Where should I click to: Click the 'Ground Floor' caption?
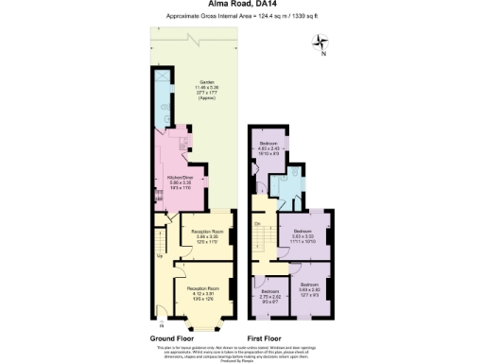174,337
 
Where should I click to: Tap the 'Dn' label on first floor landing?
256,223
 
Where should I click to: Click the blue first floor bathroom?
286,188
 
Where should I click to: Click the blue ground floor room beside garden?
163,95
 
